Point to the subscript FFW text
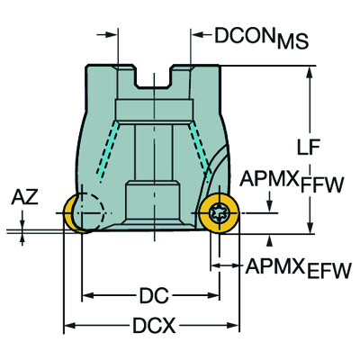tap(324, 185)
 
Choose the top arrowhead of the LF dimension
tap(310, 71)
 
